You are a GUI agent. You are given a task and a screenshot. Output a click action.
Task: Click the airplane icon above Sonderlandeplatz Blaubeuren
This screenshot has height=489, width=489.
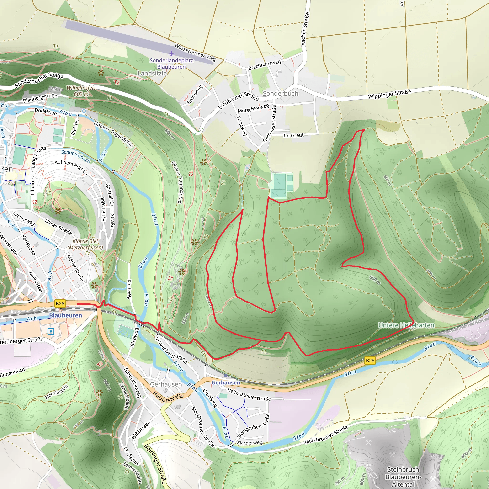click(171, 53)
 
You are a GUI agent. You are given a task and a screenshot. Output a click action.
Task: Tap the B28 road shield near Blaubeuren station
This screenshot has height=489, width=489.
click(60, 303)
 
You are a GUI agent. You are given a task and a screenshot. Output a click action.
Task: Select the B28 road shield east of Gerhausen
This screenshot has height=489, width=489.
click(370, 360)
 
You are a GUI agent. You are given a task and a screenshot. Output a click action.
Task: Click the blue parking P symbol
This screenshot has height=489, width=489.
click(51, 331)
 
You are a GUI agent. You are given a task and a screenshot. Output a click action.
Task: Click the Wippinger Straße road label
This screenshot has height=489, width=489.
click(389, 94)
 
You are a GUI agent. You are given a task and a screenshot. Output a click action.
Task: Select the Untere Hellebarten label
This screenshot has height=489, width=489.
click(406, 325)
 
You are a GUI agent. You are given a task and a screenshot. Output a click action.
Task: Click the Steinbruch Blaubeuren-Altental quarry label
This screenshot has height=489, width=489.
click(403, 477)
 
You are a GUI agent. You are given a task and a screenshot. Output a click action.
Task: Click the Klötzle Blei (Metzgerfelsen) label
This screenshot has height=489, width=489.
click(85, 244)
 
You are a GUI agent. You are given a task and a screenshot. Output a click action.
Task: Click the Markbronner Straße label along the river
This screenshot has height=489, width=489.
click(326, 435)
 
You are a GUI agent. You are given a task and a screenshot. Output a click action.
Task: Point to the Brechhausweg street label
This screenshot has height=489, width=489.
click(264, 65)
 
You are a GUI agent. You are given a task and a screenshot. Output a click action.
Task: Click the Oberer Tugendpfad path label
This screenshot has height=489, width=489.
click(177, 182)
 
